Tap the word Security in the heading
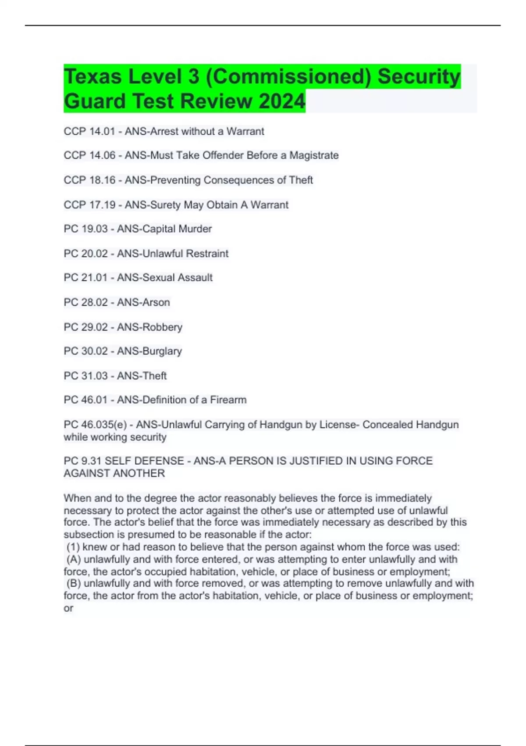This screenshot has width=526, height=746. point(419,76)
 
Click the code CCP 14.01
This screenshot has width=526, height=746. point(89,131)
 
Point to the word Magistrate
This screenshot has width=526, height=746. point(314,155)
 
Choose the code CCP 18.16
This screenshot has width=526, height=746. point(89,180)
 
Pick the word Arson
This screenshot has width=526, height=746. point(156,302)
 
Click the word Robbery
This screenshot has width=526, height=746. point(166,327)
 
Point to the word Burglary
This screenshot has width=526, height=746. point(166,351)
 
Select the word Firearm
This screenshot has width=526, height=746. point(228,400)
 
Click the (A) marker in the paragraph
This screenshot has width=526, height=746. point(74,559)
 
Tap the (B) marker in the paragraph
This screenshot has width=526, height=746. point(74,584)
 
